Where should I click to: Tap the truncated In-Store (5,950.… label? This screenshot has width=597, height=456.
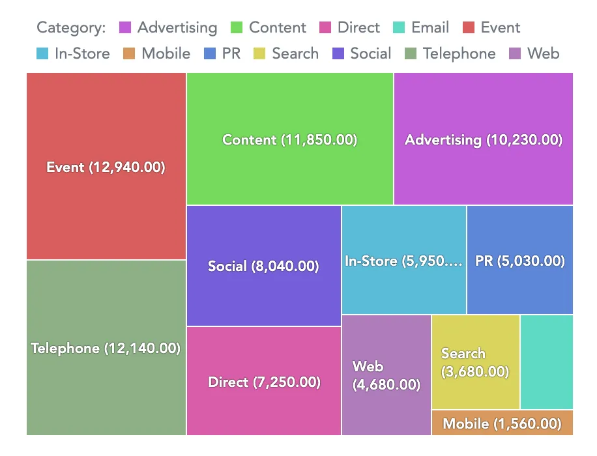[x=403, y=261]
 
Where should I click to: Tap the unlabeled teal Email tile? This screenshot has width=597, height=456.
[x=547, y=362]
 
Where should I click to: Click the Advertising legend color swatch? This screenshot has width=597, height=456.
[x=125, y=28]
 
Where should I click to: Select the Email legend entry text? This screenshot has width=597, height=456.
[x=430, y=28]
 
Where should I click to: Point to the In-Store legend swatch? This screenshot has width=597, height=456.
[x=42, y=54]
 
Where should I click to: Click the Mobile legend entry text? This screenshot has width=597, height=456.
[x=166, y=54]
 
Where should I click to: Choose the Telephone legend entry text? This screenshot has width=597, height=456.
[x=459, y=54]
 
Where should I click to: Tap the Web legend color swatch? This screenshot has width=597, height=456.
[x=515, y=54]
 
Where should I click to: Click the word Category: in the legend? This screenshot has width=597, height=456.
[x=71, y=28]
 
